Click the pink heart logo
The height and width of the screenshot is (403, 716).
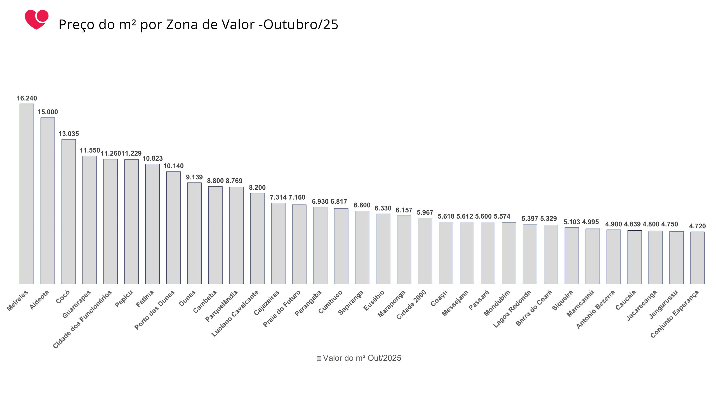[x=36, y=20]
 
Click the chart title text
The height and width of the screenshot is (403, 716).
[x=198, y=24]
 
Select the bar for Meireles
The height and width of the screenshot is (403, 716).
[x=27, y=194]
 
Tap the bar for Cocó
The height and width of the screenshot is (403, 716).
[x=69, y=212]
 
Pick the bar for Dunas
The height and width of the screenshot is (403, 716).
[x=194, y=233]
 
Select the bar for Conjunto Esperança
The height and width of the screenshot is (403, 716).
[x=697, y=258]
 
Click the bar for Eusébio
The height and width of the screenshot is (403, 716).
[x=383, y=249]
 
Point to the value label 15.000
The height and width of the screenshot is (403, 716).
[x=48, y=112]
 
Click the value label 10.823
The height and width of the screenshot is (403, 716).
[x=152, y=159]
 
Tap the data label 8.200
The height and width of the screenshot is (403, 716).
[x=257, y=188]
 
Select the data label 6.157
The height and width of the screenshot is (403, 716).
[x=404, y=210]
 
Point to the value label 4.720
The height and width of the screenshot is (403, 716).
[x=697, y=226]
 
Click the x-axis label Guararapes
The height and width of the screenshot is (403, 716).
[x=77, y=304]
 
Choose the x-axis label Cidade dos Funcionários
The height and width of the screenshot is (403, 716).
[x=83, y=319]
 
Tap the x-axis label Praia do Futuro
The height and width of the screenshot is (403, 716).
[x=282, y=308]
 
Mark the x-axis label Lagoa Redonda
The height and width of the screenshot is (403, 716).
[x=512, y=309]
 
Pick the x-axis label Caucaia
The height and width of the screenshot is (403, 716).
[x=626, y=300]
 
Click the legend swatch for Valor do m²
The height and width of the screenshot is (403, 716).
[x=319, y=359]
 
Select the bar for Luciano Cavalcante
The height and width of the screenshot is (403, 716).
[x=257, y=238]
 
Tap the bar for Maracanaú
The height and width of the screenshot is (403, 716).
[x=593, y=256]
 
